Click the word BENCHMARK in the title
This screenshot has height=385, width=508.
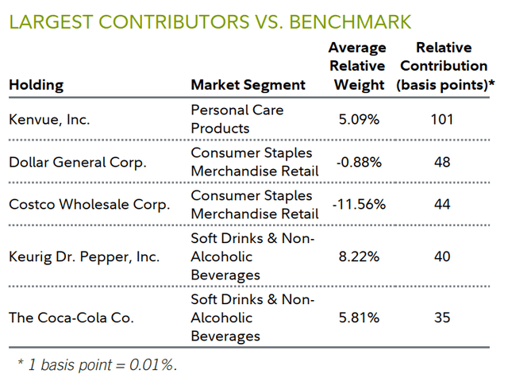(353, 21)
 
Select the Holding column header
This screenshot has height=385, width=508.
(37, 85)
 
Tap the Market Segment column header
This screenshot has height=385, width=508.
(248, 85)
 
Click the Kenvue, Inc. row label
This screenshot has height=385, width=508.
(49, 120)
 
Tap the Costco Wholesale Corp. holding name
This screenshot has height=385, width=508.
(89, 204)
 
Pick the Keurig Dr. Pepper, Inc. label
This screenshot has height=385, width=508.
(84, 256)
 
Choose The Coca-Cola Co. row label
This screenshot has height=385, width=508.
(71, 318)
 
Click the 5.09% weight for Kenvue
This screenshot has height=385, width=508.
(360, 120)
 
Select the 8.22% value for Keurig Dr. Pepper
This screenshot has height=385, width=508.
(360, 256)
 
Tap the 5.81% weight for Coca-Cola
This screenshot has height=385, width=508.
(360, 318)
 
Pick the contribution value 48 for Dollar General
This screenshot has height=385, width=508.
(442, 162)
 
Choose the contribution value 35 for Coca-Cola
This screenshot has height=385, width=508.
(442, 318)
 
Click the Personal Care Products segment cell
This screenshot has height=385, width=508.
(237, 119)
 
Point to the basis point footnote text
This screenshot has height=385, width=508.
(96, 365)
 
